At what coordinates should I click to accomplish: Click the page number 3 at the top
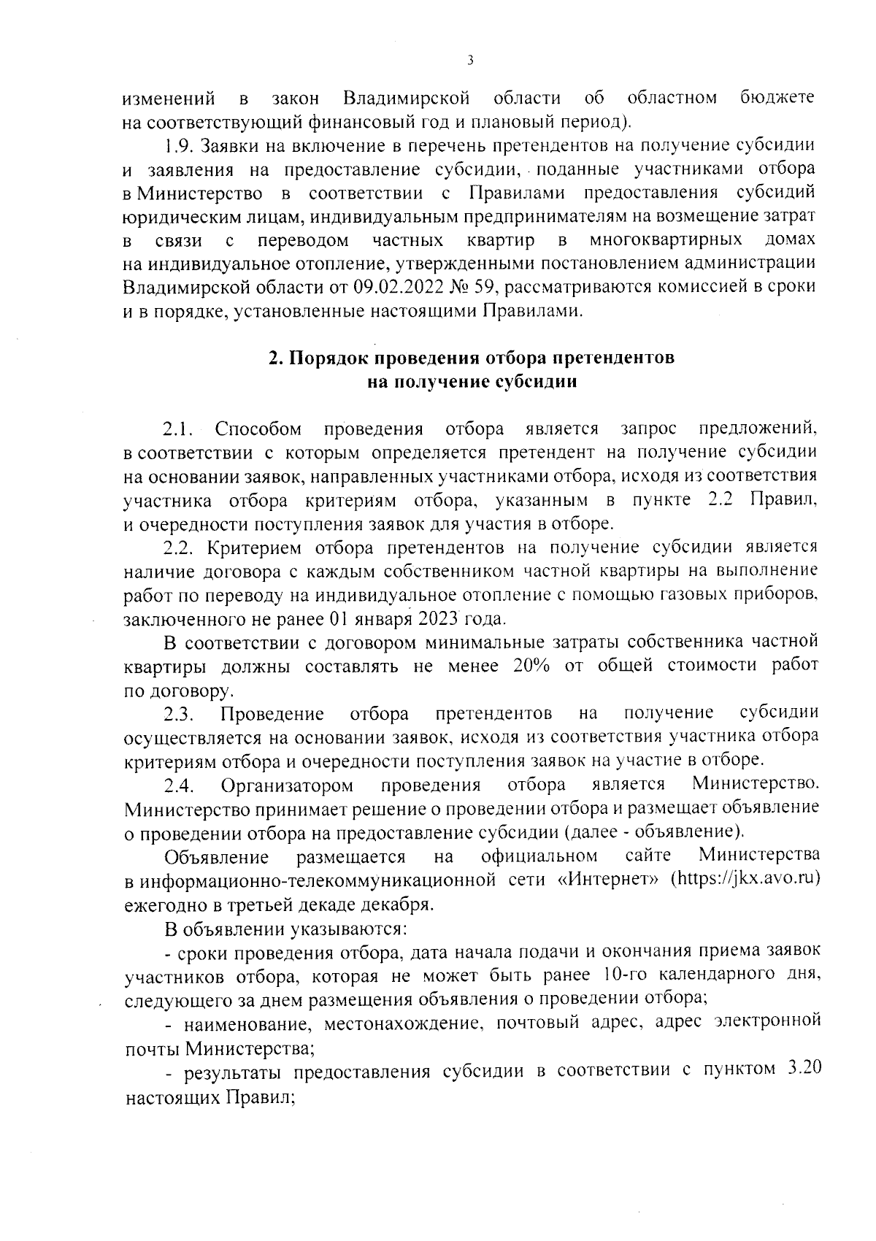469,61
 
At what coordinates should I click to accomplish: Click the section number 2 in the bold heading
274,358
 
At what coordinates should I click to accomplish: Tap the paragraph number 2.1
179,429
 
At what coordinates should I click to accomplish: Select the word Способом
258,429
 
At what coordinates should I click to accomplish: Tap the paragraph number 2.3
179,713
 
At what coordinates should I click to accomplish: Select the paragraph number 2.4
179,785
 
